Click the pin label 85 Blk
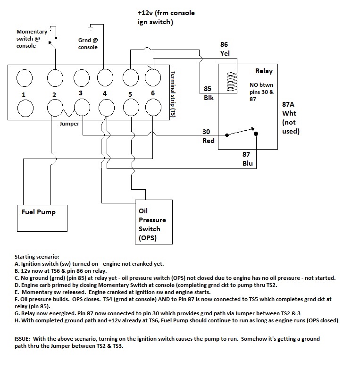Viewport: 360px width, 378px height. click(209, 93)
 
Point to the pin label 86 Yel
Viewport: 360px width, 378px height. click(225, 49)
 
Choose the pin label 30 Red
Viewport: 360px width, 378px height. click(208, 136)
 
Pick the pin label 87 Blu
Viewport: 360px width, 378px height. click(248, 159)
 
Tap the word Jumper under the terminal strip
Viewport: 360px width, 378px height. click(69, 124)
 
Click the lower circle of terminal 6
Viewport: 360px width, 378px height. click(153, 109)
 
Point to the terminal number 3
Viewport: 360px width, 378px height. click(81, 93)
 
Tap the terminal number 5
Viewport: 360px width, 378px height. click(130, 94)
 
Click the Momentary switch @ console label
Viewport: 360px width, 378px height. click(32, 38)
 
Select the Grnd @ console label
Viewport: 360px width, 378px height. click(88, 44)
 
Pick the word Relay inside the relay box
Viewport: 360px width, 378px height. click(263, 71)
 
